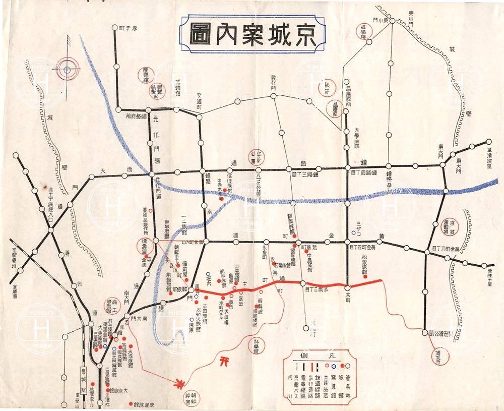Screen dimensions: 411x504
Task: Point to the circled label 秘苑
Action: click(329, 88)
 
